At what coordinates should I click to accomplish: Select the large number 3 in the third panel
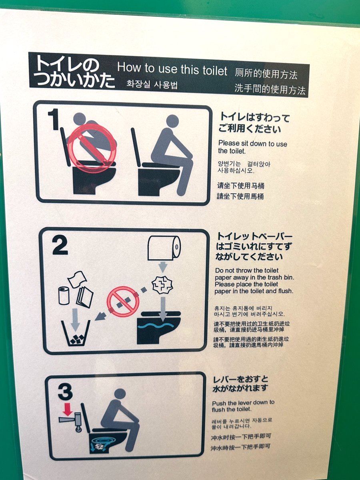click(x=65, y=392)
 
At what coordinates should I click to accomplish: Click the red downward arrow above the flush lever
click(x=68, y=409)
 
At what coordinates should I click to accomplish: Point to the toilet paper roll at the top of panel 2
click(x=164, y=248)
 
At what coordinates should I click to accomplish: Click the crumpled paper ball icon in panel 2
click(x=162, y=285)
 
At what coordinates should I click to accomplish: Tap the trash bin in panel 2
click(x=76, y=333)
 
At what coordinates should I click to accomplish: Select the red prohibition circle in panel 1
click(x=92, y=148)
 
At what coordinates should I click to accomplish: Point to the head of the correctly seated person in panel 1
click(x=172, y=121)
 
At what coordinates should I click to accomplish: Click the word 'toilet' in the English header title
click(x=215, y=71)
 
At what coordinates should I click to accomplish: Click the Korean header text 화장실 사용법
click(x=152, y=84)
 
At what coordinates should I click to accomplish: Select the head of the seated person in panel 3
click(x=120, y=394)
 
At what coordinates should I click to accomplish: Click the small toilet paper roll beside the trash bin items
click(x=64, y=296)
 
